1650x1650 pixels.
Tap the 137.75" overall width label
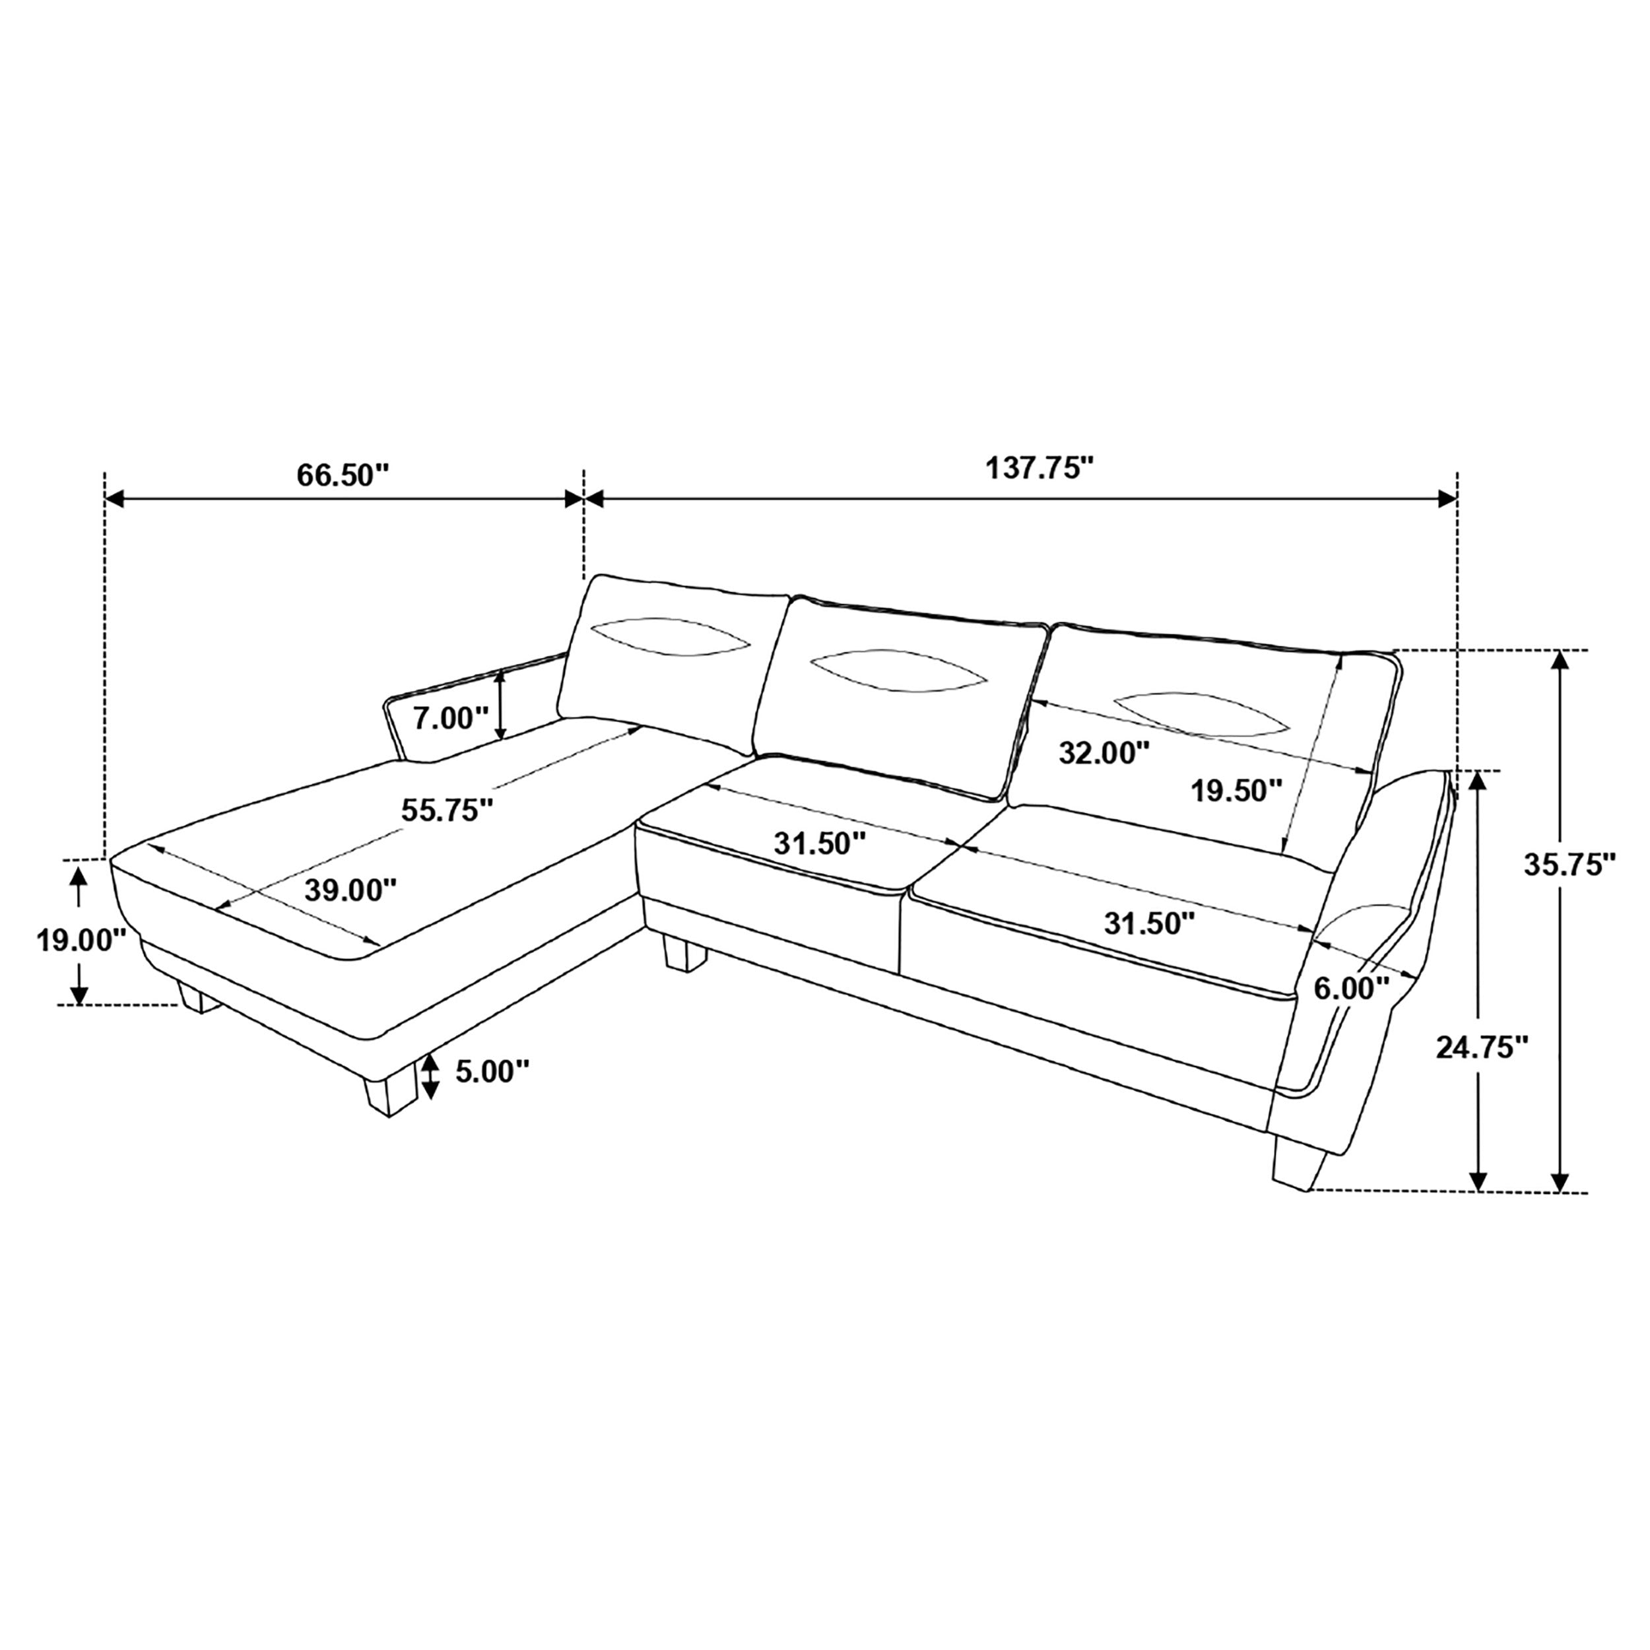(x=1039, y=468)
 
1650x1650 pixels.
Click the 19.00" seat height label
(x=81, y=940)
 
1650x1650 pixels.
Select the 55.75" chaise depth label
(x=447, y=810)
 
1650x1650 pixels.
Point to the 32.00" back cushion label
(x=1104, y=752)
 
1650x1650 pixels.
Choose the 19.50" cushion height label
(x=1237, y=790)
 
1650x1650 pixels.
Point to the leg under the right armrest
(x=1299, y=1162)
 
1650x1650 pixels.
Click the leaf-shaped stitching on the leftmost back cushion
(x=671, y=636)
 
